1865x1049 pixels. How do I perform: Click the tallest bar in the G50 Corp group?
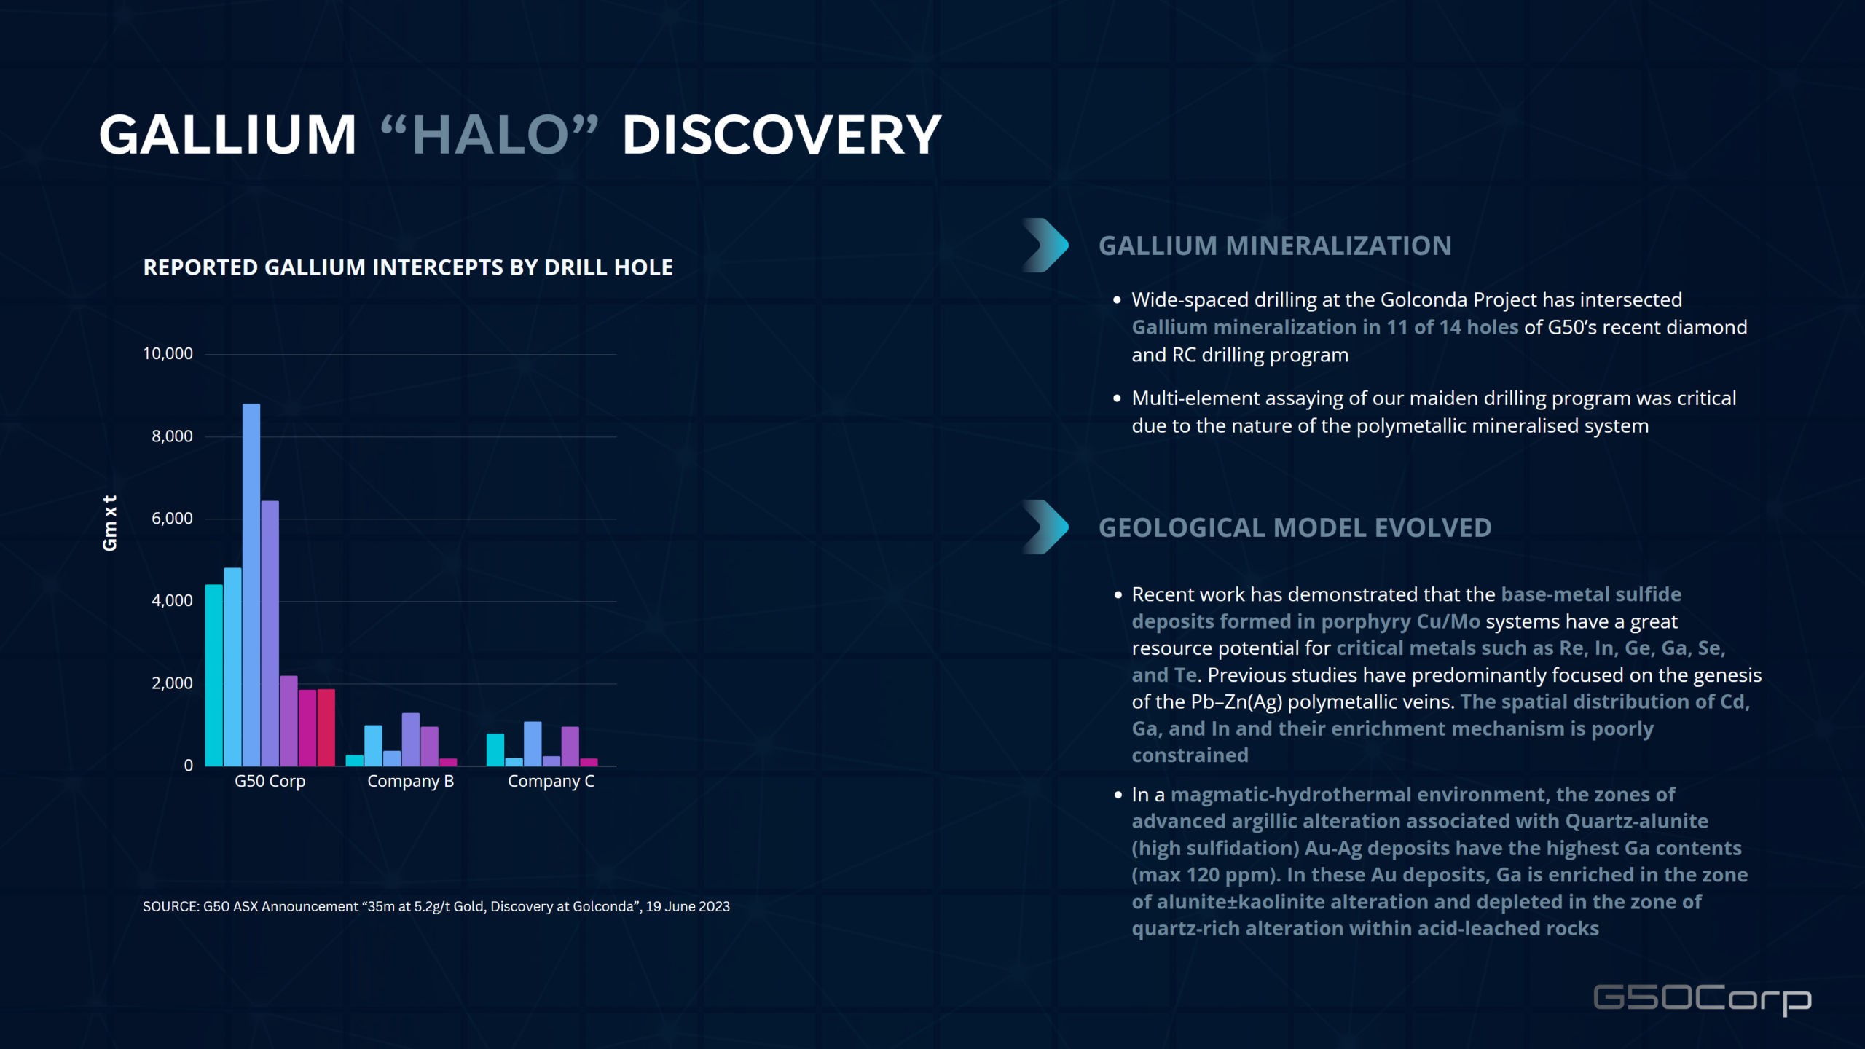click(251, 584)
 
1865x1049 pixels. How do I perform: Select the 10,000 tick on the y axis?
click(168, 354)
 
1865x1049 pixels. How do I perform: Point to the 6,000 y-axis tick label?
click(172, 519)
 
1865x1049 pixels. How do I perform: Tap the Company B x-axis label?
click(411, 782)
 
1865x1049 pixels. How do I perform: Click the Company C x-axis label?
click(551, 782)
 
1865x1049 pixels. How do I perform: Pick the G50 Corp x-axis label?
click(270, 782)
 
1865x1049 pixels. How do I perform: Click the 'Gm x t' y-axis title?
click(110, 523)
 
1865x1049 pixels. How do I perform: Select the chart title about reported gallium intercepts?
click(408, 267)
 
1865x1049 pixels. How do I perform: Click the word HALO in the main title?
click(490, 135)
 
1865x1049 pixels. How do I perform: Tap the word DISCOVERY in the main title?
click(782, 135)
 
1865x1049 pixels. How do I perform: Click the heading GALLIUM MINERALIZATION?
click(1275, 246)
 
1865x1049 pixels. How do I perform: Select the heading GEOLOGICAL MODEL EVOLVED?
click(1295, 528)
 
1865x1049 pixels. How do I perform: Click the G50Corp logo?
click(1703, 1000)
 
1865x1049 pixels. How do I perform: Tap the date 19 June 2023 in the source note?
click(688, 907)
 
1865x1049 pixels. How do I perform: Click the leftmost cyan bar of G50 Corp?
click(213, 675)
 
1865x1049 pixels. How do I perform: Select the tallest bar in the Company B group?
click(411, 739)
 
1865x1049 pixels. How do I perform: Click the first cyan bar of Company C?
click(495, 750)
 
